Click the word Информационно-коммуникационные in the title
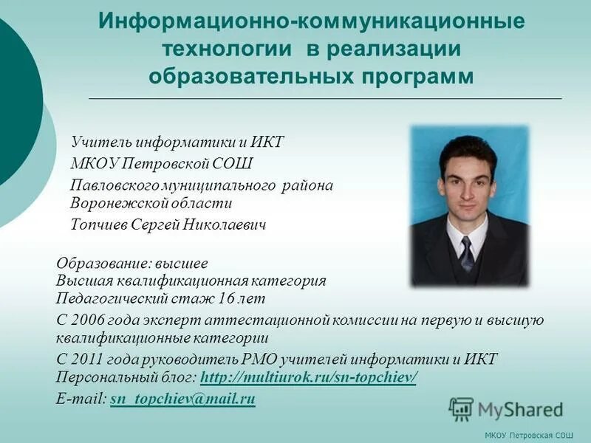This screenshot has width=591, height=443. click(311, 21)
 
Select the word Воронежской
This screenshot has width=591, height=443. click(117, 202)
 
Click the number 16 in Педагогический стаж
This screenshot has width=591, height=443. click(227, 299)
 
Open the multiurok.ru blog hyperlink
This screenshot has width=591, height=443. click(309, 378)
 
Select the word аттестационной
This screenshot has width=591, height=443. click(256, 320)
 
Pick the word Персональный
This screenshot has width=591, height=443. click(107, 378)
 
